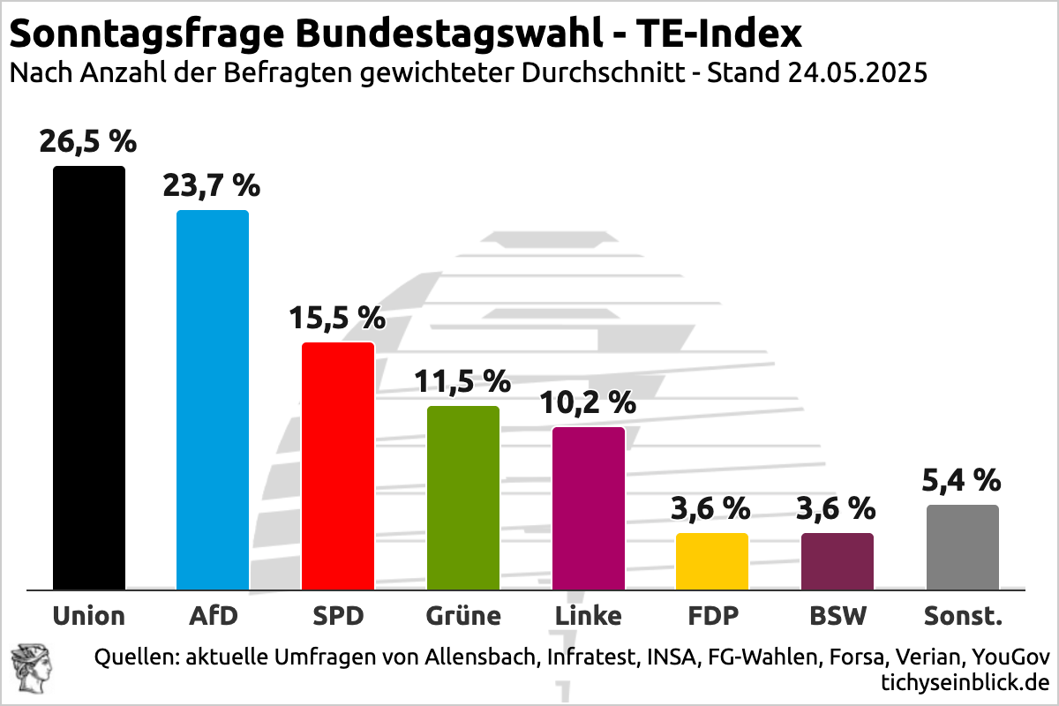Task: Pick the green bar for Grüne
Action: point(463,498)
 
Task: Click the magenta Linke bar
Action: point(589,508)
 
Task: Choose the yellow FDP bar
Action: point(712,561)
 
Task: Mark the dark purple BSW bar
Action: point(837,561)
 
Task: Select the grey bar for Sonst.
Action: point(963,547)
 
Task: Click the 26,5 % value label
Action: point(88,141)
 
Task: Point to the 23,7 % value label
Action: point(212,186)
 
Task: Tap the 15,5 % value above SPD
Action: point(338,318)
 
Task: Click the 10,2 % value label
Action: point(589,402)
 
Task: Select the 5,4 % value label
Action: point(963,480)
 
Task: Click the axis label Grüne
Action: point(463,615)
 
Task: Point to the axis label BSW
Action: point(837,615)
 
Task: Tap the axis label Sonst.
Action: point(963,615)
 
